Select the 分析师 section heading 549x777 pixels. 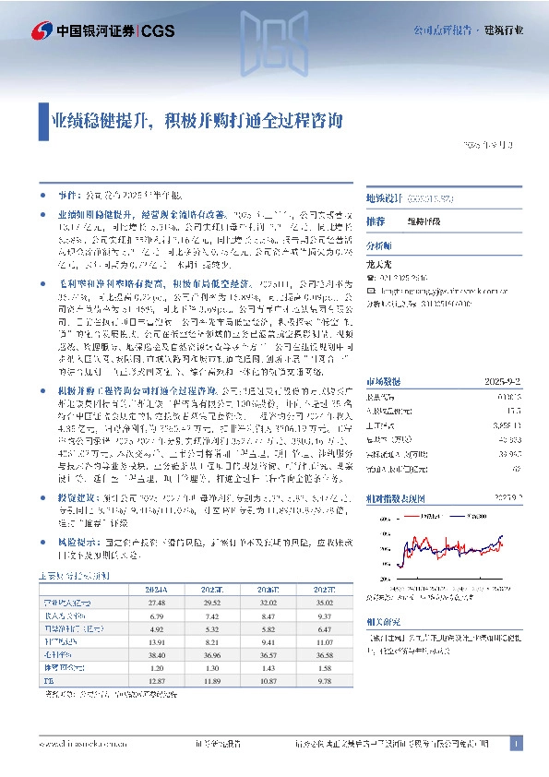(378, 246)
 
